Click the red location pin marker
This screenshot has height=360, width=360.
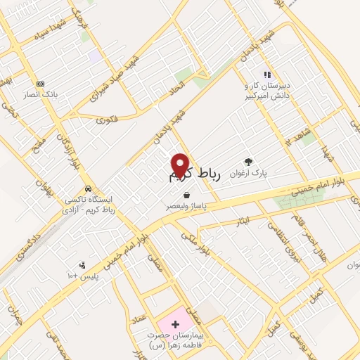181,164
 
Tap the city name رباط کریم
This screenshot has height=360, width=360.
195,176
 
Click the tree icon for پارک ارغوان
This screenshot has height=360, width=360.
247,160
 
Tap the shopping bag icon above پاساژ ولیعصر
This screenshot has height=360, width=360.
186,195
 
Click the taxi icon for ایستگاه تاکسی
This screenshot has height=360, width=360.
87,188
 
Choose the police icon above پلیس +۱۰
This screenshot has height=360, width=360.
83,265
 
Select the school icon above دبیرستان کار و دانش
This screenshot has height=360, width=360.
267,74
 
